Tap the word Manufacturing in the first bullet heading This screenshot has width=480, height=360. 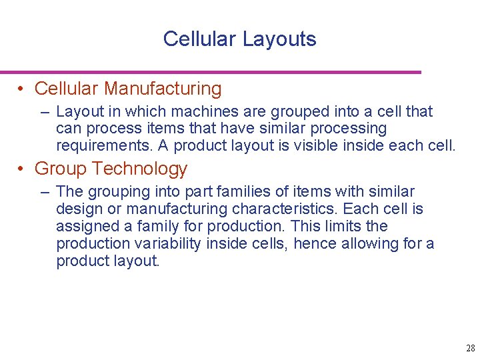[x=163, y=89]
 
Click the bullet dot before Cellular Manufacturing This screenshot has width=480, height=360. [x=22, y=89]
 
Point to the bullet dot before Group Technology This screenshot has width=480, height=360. [x=22, y=169]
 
